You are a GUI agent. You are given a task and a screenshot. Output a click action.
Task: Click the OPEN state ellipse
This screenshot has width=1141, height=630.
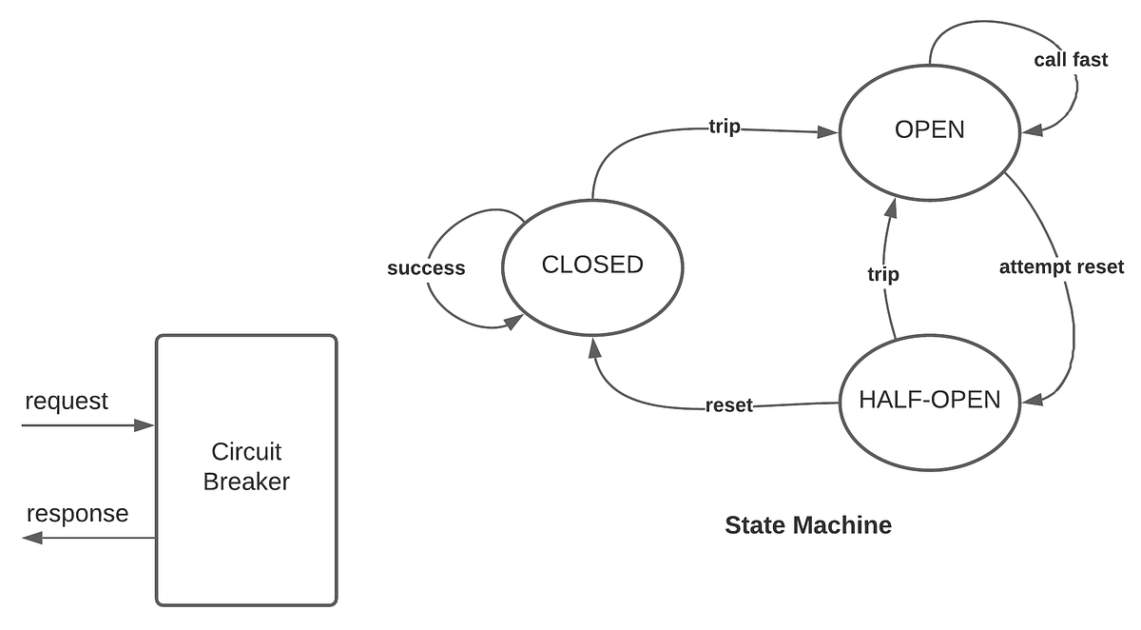pyautogui.click(x=930, y=130)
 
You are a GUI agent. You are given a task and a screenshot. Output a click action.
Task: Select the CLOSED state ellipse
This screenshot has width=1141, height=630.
pyautogui.click(x=592, y=266)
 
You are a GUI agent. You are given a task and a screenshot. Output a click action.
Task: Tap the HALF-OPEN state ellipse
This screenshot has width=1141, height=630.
pyautogui.click(x=929, y=401)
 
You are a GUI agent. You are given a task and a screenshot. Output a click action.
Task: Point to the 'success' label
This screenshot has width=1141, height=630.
pyautogui.click(x=426, y=268)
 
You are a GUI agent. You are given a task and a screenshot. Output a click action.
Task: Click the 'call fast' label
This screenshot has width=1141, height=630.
pyautogui.click(x=1071, y=60)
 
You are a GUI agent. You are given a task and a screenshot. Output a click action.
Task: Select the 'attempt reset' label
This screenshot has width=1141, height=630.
pyautogui.click(x=1061, y=266)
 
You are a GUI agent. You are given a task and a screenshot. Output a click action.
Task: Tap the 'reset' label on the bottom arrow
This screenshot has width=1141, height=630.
pyautogui.click(x=729, y=406)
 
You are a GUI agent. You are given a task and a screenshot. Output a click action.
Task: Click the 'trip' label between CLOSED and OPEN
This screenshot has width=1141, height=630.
pyautogui.click(x=725, y=127)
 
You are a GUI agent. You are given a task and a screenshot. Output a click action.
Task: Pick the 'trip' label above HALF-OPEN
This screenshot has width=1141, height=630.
pyautogui.click(x=883, y=275)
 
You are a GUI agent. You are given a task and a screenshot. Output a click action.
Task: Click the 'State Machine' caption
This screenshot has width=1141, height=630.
pyautogui.click(x=808, y=525)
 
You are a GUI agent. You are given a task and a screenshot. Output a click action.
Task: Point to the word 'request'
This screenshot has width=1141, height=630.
pyautogui.click(x=67, y=401)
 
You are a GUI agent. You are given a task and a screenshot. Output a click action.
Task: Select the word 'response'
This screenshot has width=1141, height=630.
pyautogui.click(x=77, y=514)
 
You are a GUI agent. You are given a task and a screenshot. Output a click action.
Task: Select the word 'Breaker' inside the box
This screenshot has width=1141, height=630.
pyautogui.click(x=246, y=482)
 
